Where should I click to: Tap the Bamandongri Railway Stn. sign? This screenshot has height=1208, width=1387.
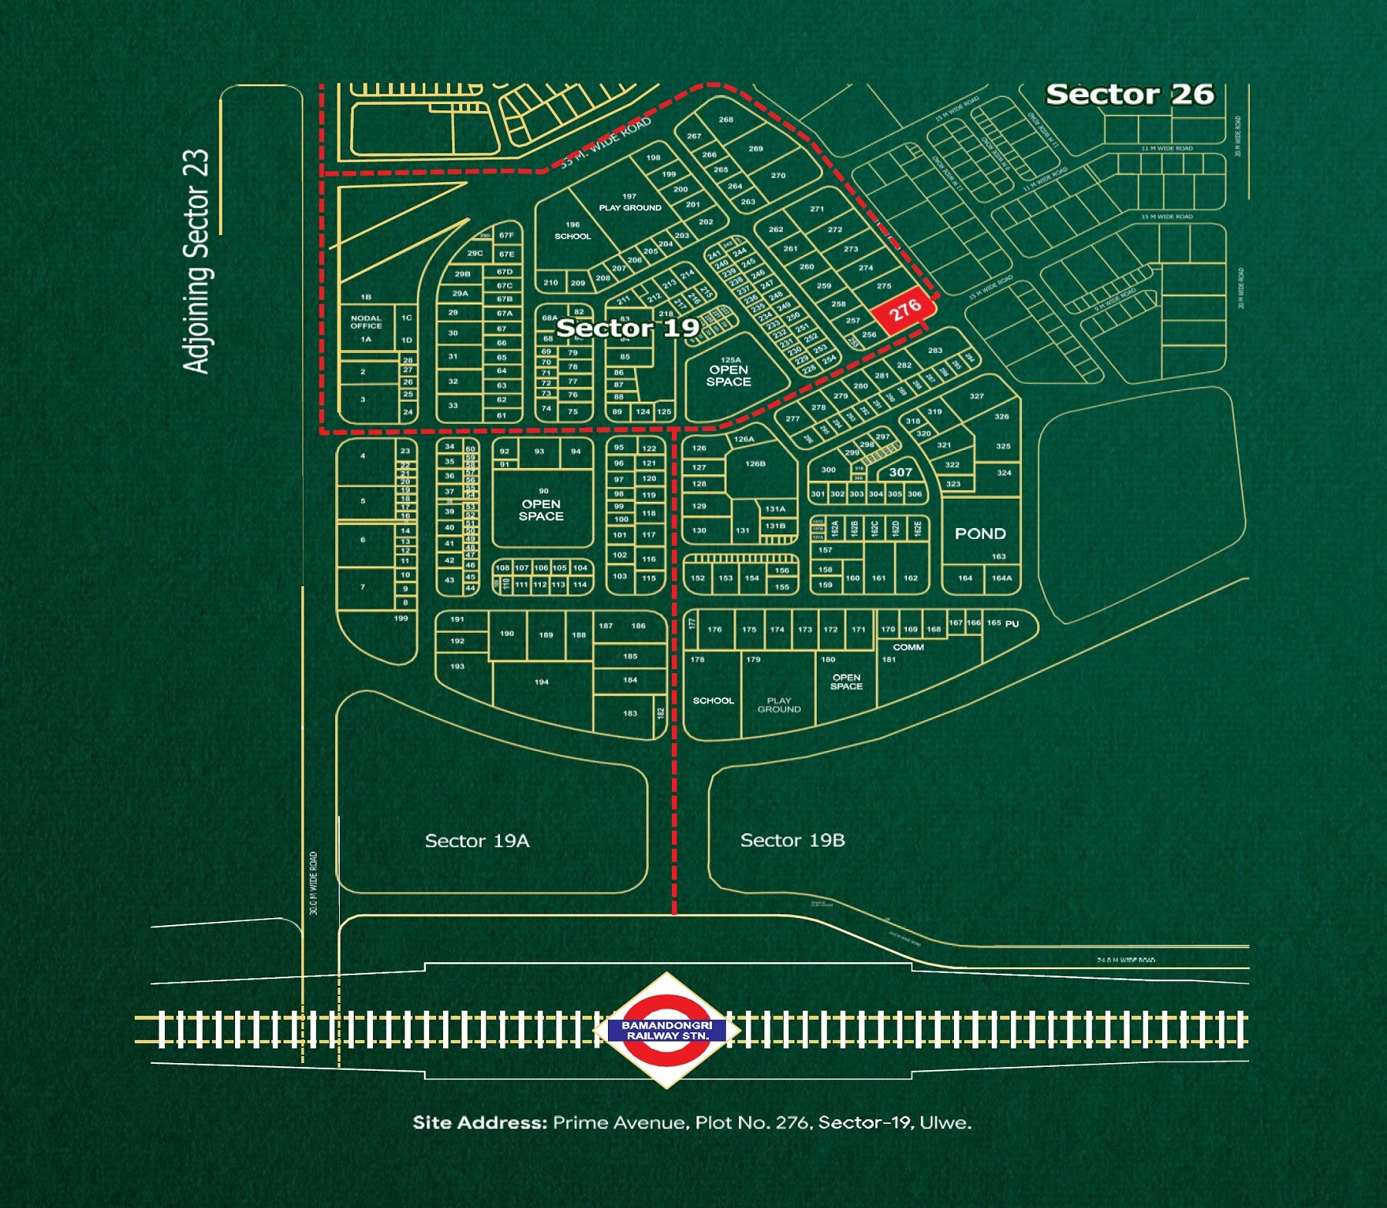pyautogui.click(x=667, y=1031)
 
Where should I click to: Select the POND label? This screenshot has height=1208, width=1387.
pyautogui.click(x=979, y=533)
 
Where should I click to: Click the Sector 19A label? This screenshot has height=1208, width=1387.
pyautogui.click(x=477, y=841)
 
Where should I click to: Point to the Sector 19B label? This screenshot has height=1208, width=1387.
pyautogui.click(x=792, y=840)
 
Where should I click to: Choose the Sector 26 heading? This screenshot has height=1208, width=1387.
pyautogui.click(x=1129, y=94)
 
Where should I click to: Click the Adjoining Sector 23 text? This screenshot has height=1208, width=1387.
pyautogui.click(x=196, y=261)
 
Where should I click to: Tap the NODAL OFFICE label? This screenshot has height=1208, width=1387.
pyautogui.click(x=366, y=321)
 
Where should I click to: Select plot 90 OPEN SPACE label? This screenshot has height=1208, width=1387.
pyautogui.click(x=541, y=510)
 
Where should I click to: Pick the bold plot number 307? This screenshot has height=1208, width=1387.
pyautogui.click(x=900, y=472)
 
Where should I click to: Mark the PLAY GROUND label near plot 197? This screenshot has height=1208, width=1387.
pyautogui.click(x=630, y=207)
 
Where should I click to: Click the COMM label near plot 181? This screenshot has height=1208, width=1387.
pyautogui.click(x=908, y=648)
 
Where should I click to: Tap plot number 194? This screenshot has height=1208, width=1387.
pyautogui.click(x=541, y=681)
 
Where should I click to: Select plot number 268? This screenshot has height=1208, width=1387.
pyautogui.click(x=726, y=119)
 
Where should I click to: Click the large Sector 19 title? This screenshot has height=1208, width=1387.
pyautogui.click(x=627, y=328)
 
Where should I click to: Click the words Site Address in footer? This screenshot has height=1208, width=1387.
pyautogui.click(x=479, y=1122)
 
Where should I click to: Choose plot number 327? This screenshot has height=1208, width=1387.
pyautogui.click(x=976, y=395)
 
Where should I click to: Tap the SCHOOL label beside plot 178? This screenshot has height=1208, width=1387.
pyautogui.click(x=713, y=701)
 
